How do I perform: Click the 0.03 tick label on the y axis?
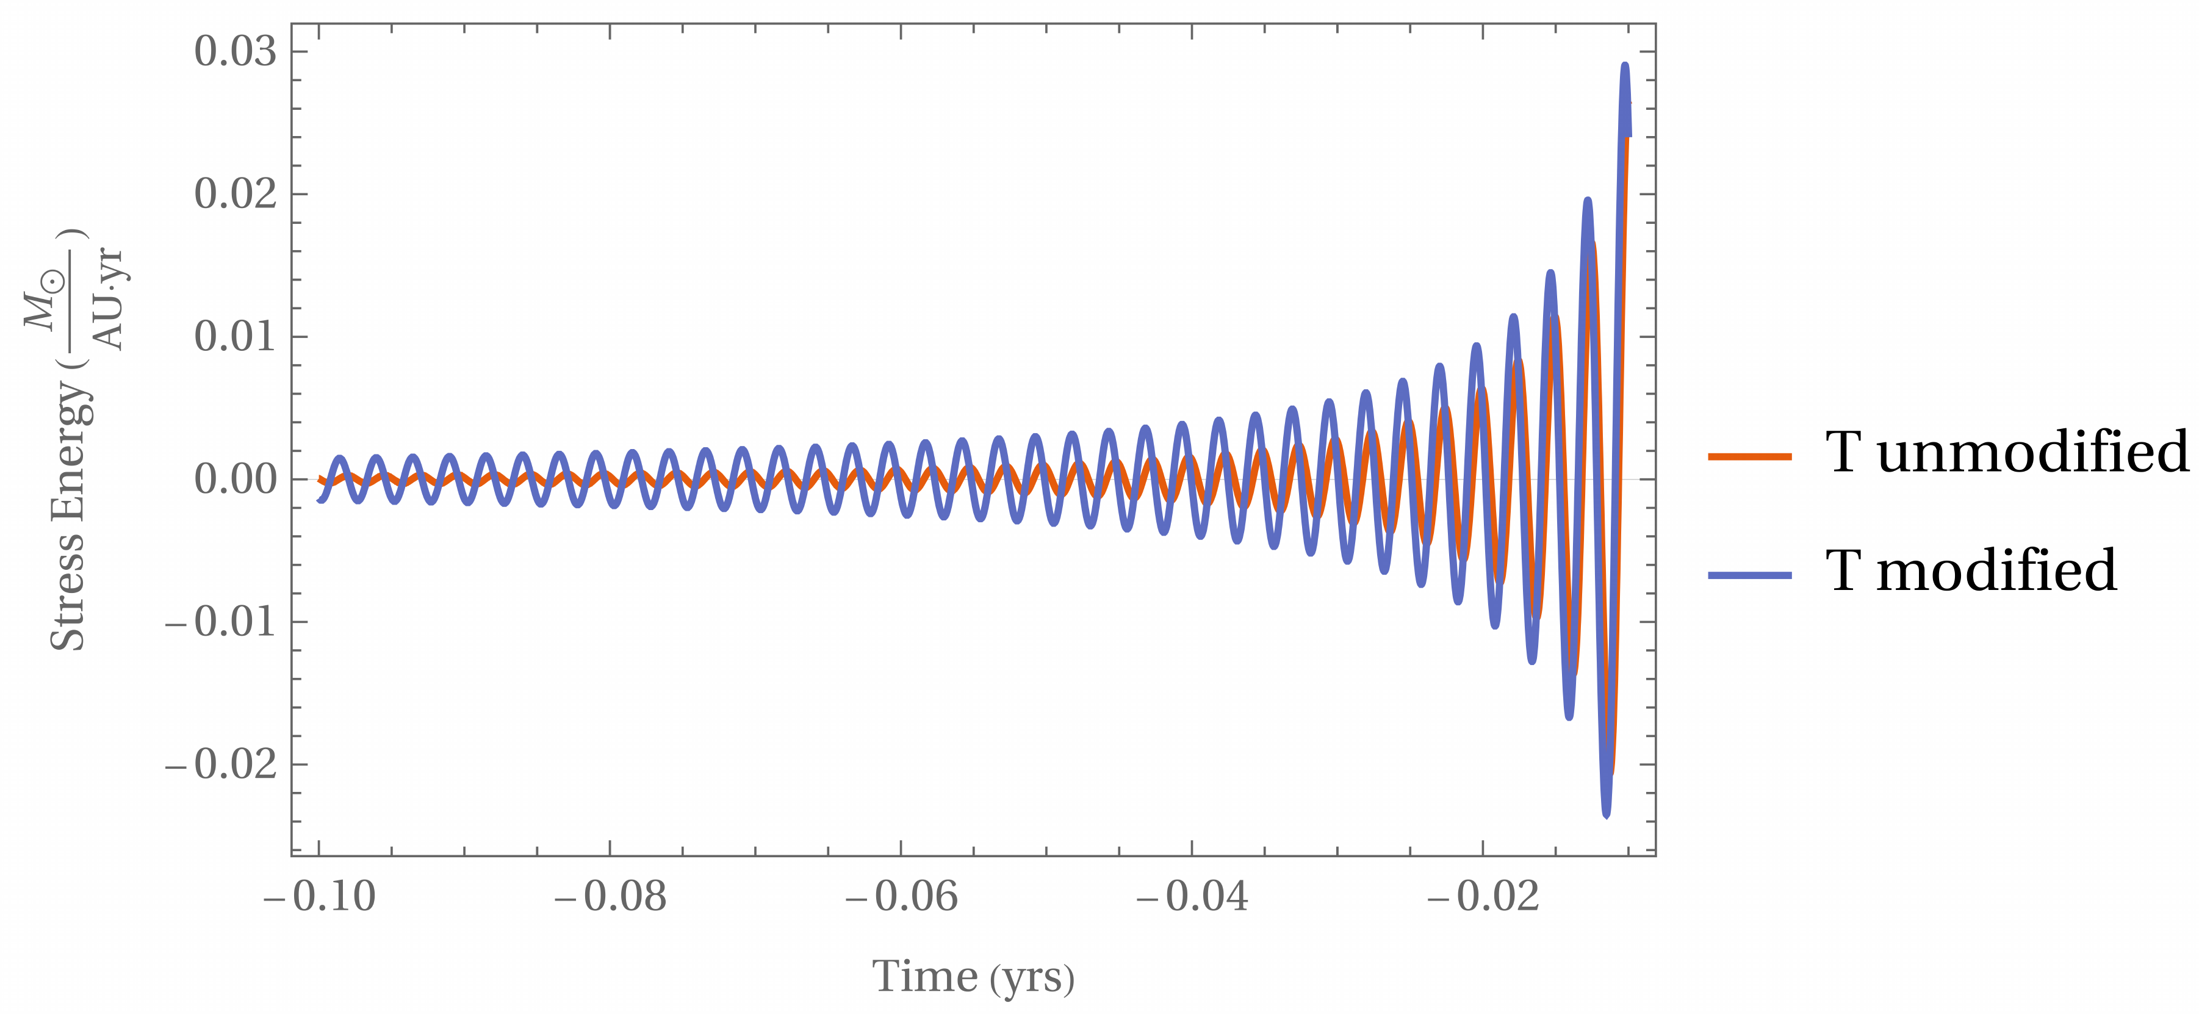click(236, 51)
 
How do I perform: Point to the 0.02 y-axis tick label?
click(236, 194)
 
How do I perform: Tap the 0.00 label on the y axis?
click(236, 479)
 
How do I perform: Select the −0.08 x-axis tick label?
click(610, 897)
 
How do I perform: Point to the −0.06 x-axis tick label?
click(901, 897)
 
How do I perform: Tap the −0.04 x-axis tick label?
click(1192, 897)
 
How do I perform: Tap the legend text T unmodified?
click(2006, 451)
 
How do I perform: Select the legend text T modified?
click(1970, 570)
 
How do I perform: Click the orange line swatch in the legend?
click(1749, 456)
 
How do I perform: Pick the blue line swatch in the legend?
click(1749, 575)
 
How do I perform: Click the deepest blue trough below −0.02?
click(1606, 814)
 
